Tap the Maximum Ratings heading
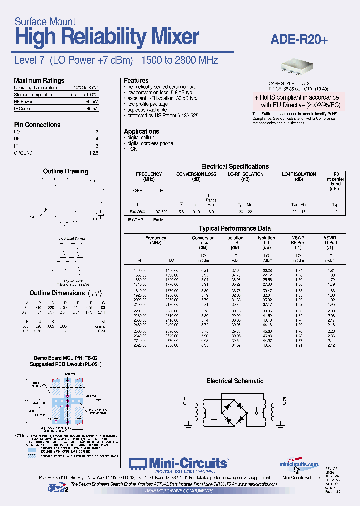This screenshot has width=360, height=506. coord(39,80)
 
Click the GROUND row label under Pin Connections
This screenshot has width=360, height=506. coord(23,153)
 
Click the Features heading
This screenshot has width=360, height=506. coord(136,80)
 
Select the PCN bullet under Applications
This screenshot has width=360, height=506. coord(132,149)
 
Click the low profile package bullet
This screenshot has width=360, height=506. coord(150,104)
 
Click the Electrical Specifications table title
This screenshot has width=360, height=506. coord(235,166)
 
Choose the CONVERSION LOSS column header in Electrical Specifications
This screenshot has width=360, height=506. coord(196,174)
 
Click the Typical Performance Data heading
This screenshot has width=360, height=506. coord(235,228)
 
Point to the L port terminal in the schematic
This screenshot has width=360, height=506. coord(185,399)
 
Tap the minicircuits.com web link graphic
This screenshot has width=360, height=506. coord(298,463)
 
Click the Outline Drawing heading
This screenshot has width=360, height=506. coord(65,171)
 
